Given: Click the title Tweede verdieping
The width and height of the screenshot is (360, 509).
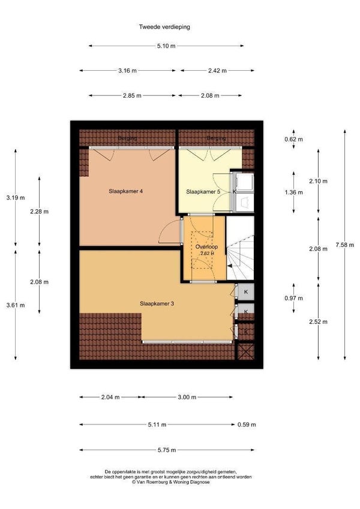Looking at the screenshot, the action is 164,27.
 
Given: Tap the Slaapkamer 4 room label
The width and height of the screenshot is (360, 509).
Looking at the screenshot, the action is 126,191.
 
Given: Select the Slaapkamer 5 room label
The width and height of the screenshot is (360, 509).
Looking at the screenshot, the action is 203,192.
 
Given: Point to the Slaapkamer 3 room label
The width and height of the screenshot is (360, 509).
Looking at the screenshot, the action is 157,304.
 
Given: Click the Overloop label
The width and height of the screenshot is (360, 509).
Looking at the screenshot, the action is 206,247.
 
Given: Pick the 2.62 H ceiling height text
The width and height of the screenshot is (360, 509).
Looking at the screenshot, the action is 207,254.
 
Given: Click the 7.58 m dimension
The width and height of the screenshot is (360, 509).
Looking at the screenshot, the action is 345,245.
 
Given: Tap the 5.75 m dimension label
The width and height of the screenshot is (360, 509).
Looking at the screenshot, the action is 167,450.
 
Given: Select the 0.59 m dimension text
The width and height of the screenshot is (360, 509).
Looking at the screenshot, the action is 247,424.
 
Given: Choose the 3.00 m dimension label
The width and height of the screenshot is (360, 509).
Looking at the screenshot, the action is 187,397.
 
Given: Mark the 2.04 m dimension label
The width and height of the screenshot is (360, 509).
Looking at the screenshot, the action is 110,397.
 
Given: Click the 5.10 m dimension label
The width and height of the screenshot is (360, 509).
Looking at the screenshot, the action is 166,46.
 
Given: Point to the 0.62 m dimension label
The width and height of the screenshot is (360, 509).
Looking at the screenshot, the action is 294,140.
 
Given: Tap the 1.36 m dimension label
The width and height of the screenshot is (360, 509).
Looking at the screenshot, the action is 294,192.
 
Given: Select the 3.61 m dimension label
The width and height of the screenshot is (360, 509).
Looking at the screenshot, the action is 16,305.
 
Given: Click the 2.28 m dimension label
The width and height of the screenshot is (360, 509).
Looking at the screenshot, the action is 40,212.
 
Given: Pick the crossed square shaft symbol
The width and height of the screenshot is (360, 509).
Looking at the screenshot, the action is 246,351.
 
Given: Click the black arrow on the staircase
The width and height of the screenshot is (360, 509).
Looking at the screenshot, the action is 230,266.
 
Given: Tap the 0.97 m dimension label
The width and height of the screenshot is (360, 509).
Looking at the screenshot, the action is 294,299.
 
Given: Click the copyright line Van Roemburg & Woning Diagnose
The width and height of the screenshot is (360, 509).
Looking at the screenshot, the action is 171,482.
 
